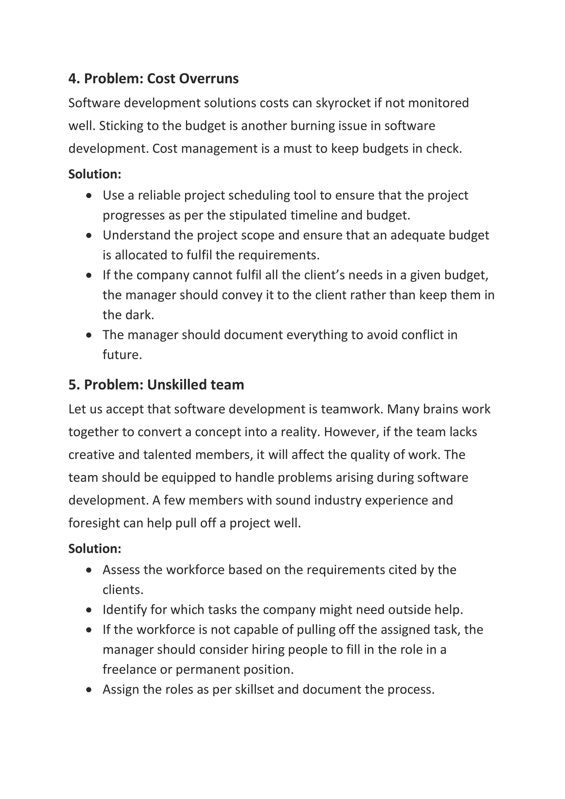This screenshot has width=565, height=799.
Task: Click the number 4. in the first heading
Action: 74,79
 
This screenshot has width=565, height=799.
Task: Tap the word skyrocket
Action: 343,103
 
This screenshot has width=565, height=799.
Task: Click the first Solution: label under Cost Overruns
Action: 95,174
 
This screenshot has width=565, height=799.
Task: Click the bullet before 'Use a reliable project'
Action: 89,196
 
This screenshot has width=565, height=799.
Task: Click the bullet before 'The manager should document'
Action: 89,335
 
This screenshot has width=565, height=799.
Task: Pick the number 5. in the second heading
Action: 74,385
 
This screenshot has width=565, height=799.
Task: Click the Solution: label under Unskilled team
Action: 95,549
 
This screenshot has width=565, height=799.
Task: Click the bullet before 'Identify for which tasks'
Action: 89,610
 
